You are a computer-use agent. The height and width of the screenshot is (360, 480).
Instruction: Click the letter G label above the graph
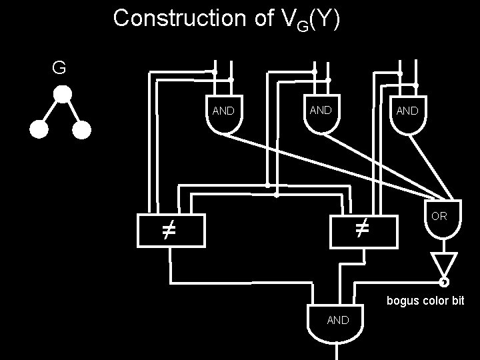(x=59, y=67)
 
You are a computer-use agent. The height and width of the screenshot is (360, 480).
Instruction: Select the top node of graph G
(x=62, y=95)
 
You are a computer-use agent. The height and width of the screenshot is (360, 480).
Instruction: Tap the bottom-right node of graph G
(x=81, y=131)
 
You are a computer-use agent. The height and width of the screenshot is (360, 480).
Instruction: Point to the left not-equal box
(x=169, y=231)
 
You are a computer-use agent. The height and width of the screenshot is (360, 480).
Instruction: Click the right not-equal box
(x=363, y=231)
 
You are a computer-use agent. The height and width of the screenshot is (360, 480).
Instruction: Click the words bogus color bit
(x=426, y=301)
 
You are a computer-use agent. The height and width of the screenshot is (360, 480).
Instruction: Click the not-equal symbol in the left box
(x=169, y=232)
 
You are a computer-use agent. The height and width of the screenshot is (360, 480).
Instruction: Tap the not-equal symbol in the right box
(x=361, y=231)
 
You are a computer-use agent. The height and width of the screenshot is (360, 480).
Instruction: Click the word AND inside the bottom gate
(x=337, y=320)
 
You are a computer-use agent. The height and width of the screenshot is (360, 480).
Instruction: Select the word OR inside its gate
(x=439, y=217)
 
